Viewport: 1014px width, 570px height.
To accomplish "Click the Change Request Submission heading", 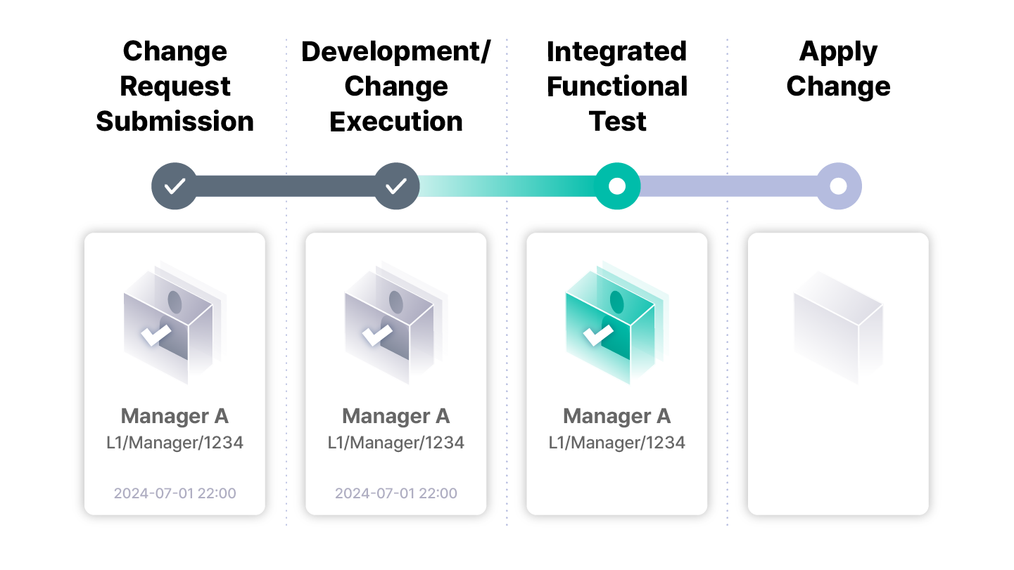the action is (x=175, y=86).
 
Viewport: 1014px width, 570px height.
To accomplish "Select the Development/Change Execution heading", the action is (x=396, y=86).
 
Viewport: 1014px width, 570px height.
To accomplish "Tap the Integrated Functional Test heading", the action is (x=617, y=86).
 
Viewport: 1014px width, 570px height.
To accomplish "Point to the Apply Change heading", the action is (x=838, y=69).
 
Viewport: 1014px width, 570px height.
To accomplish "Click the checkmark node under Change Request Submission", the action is (x=175, y=186).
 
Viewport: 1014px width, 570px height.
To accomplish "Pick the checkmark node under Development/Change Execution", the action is (x=396, y=186).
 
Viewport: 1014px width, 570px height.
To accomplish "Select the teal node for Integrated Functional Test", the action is (x=617, y=186).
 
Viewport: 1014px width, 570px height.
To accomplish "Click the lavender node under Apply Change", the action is (x=838, y=186).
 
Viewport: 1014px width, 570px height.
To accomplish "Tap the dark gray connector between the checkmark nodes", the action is (x=285, y=186).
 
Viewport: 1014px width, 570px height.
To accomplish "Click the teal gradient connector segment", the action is (x=507, y=186).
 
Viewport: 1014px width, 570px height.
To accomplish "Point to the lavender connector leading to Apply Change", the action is (x=728, y=186).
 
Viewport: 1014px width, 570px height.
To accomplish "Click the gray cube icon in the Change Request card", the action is (x=175, y=323).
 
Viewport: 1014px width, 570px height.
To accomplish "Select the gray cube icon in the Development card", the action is (x=396, y=323).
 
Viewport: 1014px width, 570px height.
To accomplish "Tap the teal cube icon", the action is (x=617, y=323).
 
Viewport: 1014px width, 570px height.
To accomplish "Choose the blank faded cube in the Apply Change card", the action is (x=838, y=328).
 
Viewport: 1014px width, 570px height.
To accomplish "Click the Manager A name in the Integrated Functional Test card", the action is (x=617, y=416).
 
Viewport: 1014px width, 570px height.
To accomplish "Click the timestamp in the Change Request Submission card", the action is (x=175, y=493).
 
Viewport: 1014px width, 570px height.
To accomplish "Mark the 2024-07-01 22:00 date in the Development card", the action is (x=396, y=493).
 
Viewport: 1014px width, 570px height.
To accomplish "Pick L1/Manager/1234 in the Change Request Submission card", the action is (x=175, y=443).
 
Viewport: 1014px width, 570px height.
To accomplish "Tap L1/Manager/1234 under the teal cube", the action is (x=617, y=443).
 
